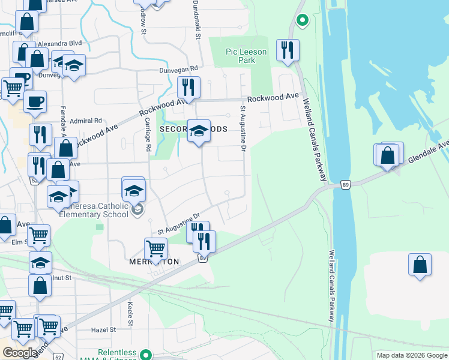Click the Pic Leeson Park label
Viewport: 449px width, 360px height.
[x=246, y=56]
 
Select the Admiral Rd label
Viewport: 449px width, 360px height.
[x=86, y=121]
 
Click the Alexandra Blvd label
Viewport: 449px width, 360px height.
[x=59, y=44]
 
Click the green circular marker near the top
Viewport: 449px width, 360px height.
[x=303, y=21]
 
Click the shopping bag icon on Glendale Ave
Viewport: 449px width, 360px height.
[x=388, y=155]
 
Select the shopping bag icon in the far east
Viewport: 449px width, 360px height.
[x=420, y=265]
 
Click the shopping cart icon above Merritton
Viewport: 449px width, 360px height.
[x=155, y=248]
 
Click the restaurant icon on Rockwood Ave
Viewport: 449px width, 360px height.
[x=189, y=88]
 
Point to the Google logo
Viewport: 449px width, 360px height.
[x=19, y=353]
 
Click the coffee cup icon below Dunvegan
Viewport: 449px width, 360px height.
[x=34, y=101]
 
